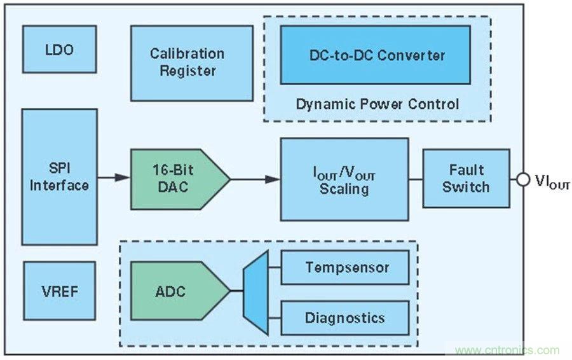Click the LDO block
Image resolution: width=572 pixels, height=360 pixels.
tap(59, 49)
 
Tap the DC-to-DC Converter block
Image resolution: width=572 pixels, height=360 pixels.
tap(375, 55)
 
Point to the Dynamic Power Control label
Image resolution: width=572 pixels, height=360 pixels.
tap(377, 104)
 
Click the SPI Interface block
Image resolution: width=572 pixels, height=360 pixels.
tap(59, 177)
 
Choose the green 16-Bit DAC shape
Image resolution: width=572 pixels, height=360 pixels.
tap(175, 179)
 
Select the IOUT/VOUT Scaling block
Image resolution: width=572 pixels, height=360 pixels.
tap(344, 179)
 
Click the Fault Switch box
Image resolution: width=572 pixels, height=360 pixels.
tap(466, 179)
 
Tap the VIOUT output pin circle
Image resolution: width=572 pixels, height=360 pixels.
tap(523, 179)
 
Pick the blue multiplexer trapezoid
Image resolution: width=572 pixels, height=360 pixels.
tap(255, 291)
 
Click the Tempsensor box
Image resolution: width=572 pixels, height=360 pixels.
tap(344, 267)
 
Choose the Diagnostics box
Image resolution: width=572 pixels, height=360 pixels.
tap(344, 317)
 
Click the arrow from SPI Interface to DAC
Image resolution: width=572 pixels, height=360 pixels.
tap(114, 179)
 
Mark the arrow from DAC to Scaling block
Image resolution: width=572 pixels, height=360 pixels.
tap(254, 179)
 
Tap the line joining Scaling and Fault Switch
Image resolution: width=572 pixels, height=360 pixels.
tap(416, 179)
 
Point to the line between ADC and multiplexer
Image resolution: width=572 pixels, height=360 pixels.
tap(236, 291)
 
